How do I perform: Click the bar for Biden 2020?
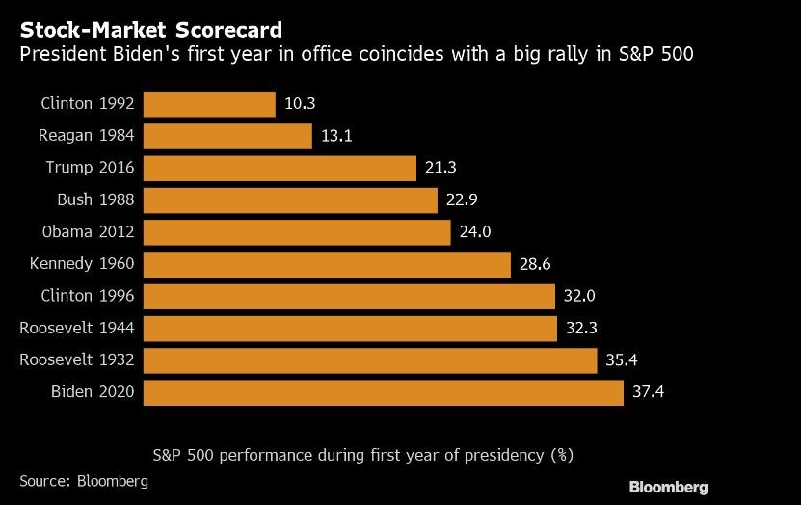384,393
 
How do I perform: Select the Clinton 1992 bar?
210,103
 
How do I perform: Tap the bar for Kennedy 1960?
327,264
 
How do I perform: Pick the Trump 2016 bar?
280,168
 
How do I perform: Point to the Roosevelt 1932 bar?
371,360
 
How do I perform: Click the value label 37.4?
649,393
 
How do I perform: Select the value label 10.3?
300,103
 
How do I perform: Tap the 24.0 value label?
475,232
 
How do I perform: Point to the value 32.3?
581,329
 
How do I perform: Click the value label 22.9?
463,199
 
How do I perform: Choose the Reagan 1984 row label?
87,136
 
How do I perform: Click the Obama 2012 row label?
88,232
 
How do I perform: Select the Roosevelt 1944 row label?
77,329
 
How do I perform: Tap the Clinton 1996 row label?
88,296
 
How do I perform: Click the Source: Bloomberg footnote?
83,479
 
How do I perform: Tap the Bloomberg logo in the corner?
668,487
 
